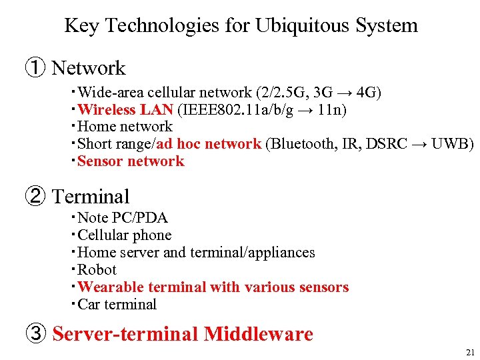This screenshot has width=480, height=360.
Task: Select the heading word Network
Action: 89,68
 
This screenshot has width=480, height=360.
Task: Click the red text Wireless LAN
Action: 125,109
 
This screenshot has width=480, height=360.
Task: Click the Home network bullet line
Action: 125,127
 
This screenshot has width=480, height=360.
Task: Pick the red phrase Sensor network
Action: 131,161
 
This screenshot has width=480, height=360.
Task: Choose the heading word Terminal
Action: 91,197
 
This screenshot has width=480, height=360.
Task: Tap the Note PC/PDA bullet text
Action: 123,218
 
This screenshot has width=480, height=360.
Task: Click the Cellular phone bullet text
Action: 125,235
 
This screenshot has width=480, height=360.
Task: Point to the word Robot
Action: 97,270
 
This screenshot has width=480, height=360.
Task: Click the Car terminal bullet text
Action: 117,305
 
